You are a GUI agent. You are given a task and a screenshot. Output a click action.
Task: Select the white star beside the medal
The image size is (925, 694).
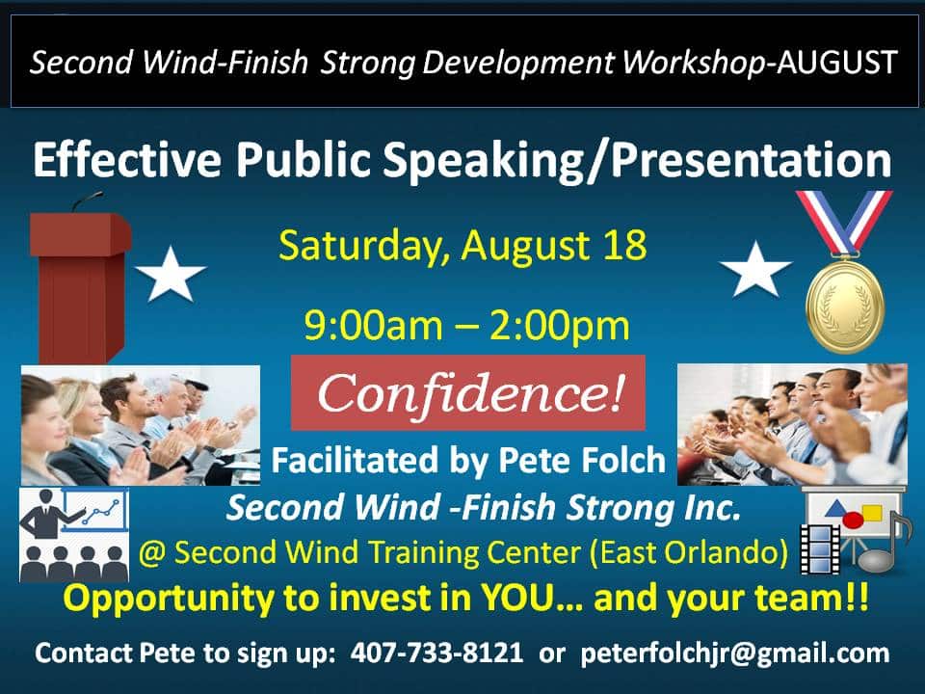coord(755,270)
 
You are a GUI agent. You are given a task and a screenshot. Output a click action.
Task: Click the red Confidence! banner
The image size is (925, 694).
coord(468,392)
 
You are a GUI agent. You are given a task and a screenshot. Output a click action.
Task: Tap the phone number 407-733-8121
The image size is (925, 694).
coord(436,654)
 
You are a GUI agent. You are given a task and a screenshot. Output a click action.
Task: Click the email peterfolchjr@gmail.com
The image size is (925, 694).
coord(735,654)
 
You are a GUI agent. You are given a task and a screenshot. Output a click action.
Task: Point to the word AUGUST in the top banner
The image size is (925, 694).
coord(837,62)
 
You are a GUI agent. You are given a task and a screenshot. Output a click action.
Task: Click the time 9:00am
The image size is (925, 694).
coord(374,326)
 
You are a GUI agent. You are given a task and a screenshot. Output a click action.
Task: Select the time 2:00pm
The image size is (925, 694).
coord(560,327)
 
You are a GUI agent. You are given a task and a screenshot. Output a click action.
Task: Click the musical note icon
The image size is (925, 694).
coord(880,542)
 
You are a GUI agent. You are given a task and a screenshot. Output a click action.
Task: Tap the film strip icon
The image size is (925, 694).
coord(820,548)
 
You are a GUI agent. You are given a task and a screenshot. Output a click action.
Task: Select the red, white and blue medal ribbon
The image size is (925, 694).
coord(844,223)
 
